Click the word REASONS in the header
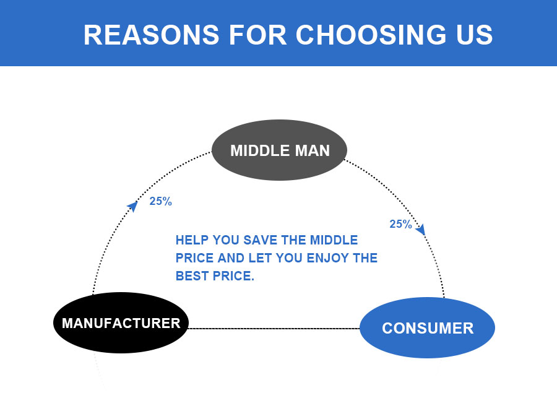(152, 35)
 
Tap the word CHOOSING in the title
(371, 35)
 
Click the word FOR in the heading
(257, 35)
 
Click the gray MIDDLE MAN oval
(279, 150)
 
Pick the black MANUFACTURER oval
(121, 322)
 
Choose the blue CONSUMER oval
(427, 327)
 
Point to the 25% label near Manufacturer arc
(160, 201)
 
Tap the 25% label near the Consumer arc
(400, 224)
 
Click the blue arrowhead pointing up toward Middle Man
(133, 206)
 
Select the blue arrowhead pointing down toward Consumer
(421, 230)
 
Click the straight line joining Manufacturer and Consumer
(274, 329)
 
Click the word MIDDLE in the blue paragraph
(334, 240)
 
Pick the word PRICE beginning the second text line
(195, 258)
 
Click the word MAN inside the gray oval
(313, 150)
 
